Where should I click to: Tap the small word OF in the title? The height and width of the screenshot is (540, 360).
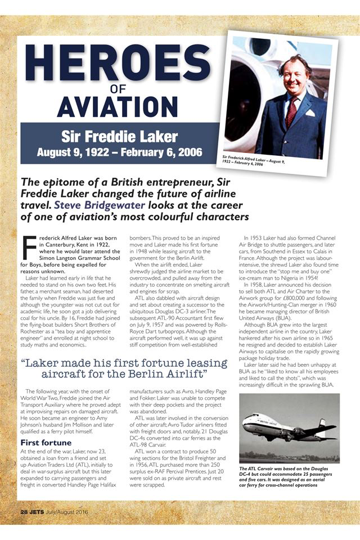point(118,89)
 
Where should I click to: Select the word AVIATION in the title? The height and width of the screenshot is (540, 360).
point(118,107)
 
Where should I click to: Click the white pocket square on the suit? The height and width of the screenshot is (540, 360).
point(310,113)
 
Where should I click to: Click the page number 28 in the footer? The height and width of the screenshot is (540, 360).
point(25,512)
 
